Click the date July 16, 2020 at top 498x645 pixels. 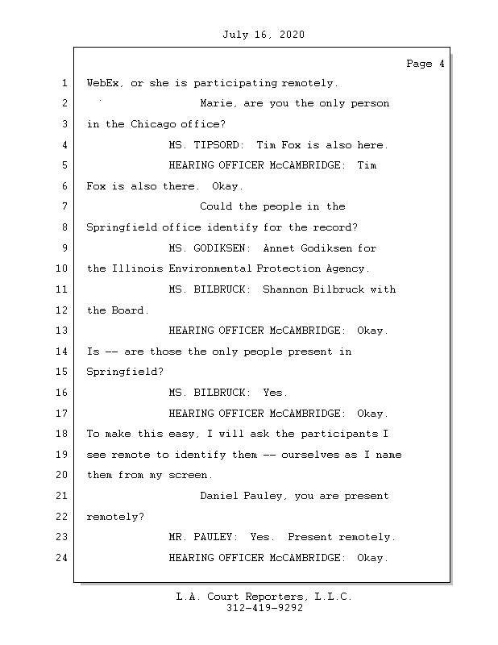(263, 35)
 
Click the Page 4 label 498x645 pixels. (425, 64)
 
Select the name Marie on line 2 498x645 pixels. (216, 103)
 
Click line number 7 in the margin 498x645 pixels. (64, 206)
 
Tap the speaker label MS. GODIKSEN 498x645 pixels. (209, 248)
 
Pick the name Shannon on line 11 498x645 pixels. (285, 289)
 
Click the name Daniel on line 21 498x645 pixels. (218, 496)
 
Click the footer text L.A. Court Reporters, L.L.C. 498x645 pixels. (264, 597)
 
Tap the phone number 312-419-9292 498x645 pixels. (264, 609)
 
